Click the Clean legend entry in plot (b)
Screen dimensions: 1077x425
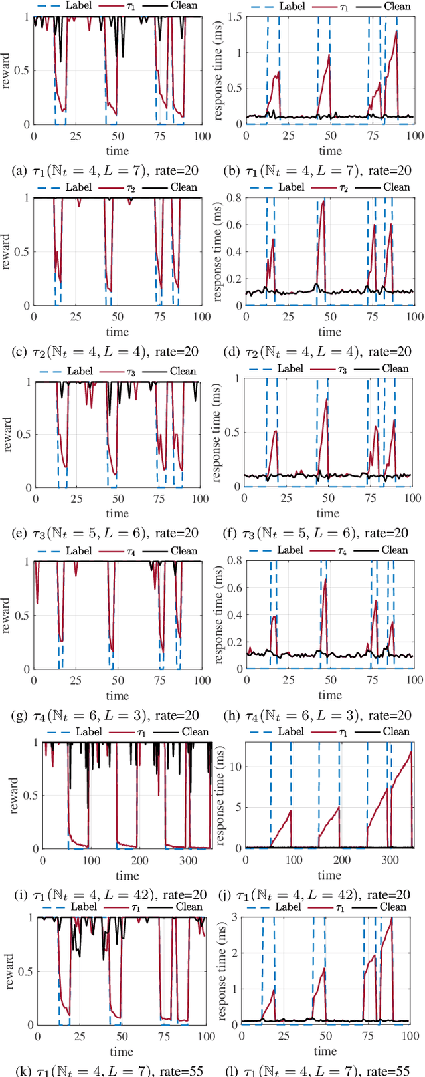click(x=397, y=6)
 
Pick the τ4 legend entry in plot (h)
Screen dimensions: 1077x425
click(x=341, y=550)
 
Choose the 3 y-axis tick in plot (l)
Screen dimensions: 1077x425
click(x=232, y=918)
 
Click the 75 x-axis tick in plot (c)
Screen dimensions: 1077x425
click(x=158, y=317)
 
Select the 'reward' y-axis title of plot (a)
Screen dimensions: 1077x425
click(x=8, y=70)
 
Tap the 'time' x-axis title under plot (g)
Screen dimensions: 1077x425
click(x=117, y=695)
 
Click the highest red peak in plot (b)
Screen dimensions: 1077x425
click(x=396, y=31)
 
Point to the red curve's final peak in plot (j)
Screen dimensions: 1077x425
click(x=411, y=752)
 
